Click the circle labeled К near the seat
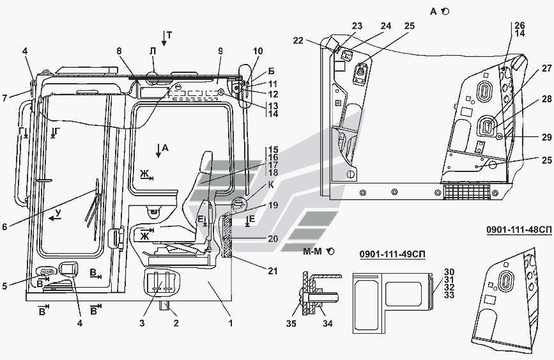[x=237, y=205]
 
